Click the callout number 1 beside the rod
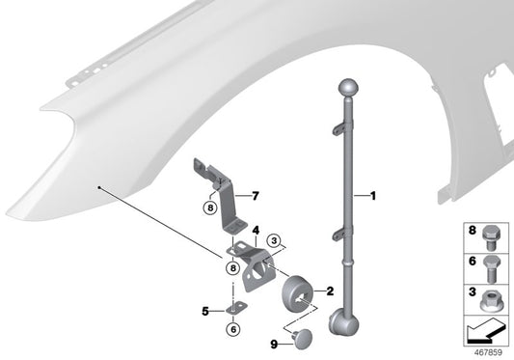click(x=371, y=196)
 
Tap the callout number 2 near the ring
click(x=331, y=290)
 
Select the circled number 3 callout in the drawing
click(x=274, y=240)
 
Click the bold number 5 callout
click(x=203, y=311)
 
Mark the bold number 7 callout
click(x=257, y=196)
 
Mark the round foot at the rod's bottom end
click(x=343, y=321)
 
